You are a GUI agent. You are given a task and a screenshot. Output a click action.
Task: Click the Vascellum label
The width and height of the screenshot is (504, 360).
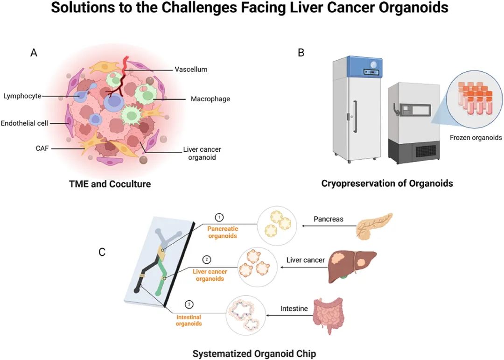191,70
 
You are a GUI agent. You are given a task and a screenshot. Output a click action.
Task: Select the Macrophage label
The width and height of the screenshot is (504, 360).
210,99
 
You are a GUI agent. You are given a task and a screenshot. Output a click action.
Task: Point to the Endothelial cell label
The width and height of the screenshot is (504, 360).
24,123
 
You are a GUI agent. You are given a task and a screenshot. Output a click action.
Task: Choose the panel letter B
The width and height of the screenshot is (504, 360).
301,52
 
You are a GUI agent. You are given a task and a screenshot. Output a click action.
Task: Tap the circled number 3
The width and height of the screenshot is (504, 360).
189,304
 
